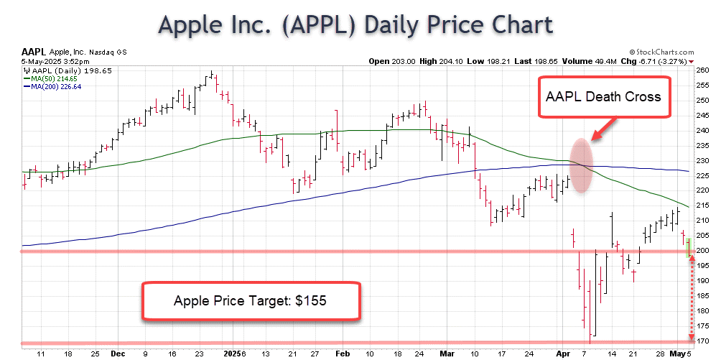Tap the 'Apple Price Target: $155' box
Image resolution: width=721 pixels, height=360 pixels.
(x=250, y=300)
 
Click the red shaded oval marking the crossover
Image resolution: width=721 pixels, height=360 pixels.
(x=582, y=165)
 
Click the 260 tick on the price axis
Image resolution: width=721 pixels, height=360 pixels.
(x=703, y=70)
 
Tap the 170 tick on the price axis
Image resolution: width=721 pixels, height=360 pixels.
(x=703, y=341)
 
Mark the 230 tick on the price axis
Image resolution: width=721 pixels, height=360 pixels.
(x=703, y=160)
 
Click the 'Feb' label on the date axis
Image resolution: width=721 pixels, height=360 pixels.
(x=342, y=354)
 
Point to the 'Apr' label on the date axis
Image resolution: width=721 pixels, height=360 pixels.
(x=564, y=354)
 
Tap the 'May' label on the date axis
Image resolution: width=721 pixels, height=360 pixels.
(x=678, y=354)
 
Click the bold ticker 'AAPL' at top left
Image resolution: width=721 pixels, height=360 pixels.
(x=33, y=52)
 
